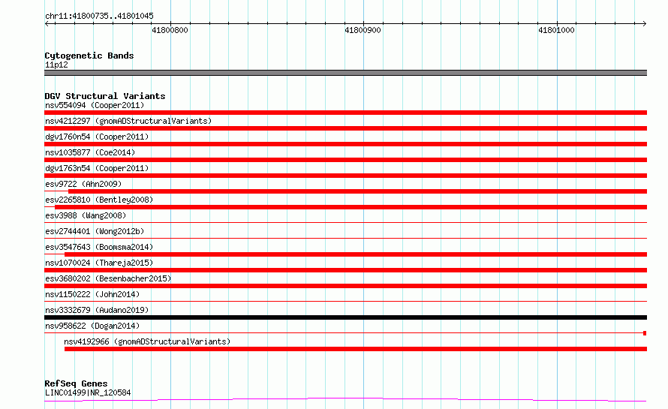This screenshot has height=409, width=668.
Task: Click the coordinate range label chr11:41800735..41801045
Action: pos(99,16)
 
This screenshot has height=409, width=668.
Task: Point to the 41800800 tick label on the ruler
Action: pos(170,30)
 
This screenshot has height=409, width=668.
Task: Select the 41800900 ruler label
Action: pos(363,30)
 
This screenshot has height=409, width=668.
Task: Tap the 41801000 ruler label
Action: pos(556,30)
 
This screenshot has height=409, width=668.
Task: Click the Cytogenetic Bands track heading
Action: pos(89,56)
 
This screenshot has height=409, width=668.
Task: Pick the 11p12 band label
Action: pos(56,65)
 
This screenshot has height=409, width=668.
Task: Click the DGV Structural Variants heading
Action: pos(105,96)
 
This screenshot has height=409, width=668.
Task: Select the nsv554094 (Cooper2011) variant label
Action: pos(95,105)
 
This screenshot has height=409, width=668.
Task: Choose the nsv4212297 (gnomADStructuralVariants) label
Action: pos(128,121)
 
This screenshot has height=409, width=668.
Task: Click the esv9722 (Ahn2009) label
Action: pos(83,184)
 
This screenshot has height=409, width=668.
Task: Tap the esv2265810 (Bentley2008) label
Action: pos(99,200)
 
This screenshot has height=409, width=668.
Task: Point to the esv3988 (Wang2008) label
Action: pos(86,215)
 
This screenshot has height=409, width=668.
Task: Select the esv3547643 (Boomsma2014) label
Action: pos(99,247)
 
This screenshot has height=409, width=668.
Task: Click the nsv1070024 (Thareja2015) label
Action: pos(99,263)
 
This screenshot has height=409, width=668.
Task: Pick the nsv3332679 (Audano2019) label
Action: pos(97,310)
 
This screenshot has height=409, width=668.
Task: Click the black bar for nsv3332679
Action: pos(345,317)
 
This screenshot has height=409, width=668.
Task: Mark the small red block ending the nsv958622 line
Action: pos(645,333)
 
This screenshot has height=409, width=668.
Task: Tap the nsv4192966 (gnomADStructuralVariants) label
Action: pos(147,341)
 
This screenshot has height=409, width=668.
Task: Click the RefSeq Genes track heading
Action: pos(76,383)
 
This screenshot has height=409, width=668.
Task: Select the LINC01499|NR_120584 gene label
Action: pos(88,392)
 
